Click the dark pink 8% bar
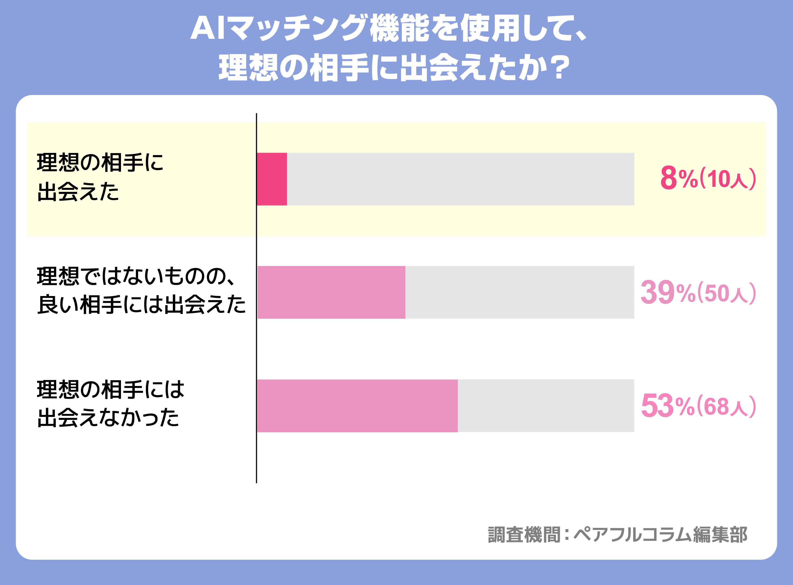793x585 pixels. tap(272, 179)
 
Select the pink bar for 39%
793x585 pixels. tap(331, 292)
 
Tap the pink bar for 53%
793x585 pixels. tap(357, 406)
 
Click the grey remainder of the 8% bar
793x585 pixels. tap(460, 179)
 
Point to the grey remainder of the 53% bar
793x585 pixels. tap(546, 406)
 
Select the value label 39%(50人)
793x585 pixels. tap(698, 293)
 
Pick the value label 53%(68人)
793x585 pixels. tap(698, 406)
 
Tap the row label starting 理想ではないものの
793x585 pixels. tap(141, 290)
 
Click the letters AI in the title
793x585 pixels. tap(208, 28)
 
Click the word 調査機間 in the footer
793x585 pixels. tap(524, 535)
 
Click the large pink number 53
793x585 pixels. tap(657, 406)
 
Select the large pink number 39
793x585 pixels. tap(657, 292)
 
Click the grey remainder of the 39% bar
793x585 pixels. tap(519, 292)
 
